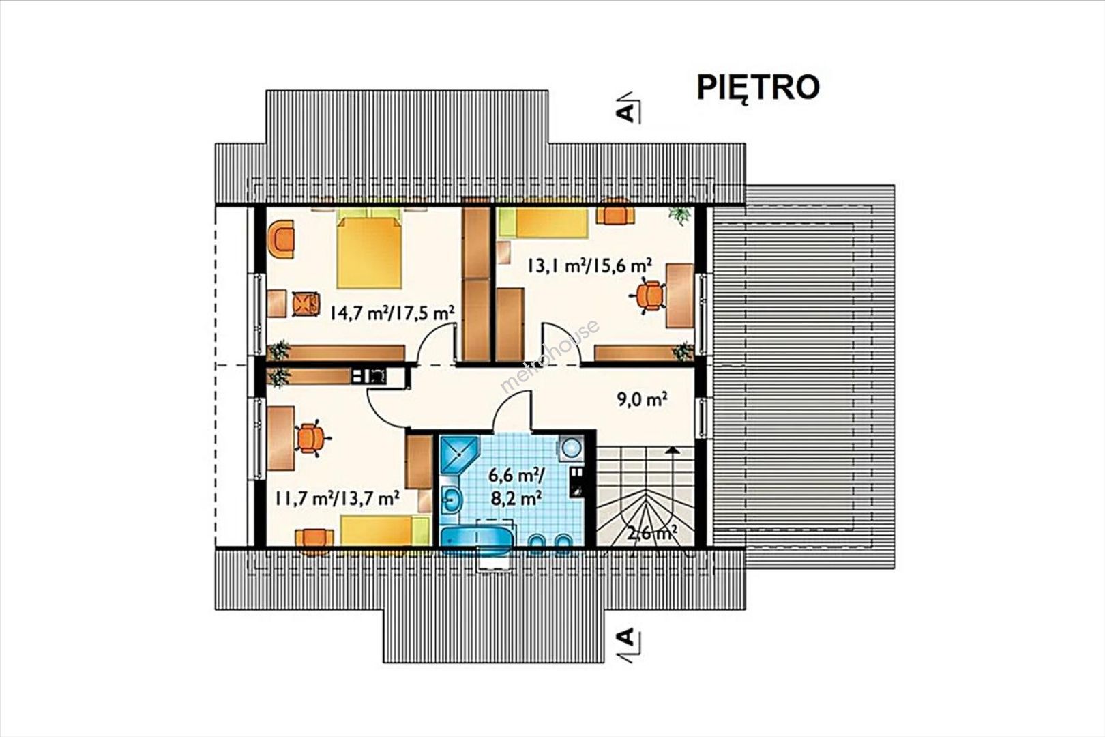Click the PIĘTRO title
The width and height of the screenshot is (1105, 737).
pyautogui.click(x=758, y=88)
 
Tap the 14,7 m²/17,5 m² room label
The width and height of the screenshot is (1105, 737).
pyautogui.click(x=392, y=313)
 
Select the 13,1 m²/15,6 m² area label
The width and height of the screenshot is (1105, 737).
pyautogui.click(x=589, y=266)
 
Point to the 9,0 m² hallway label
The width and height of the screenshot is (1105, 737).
pyautogui.click(x=643, y=399)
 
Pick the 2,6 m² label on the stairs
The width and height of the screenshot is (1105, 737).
pyautogui.click(x=651, y=533)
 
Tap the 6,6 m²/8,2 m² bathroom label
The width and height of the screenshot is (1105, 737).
pyautogui.click(x=516, y=487)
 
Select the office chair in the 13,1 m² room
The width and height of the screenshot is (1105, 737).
pyautogui.click(x=648, y=295)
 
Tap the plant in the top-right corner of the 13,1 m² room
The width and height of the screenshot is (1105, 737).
pyautogui.click(x=679, y=215)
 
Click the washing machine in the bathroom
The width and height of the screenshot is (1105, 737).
pyautogui.click(x=571, y=448)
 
